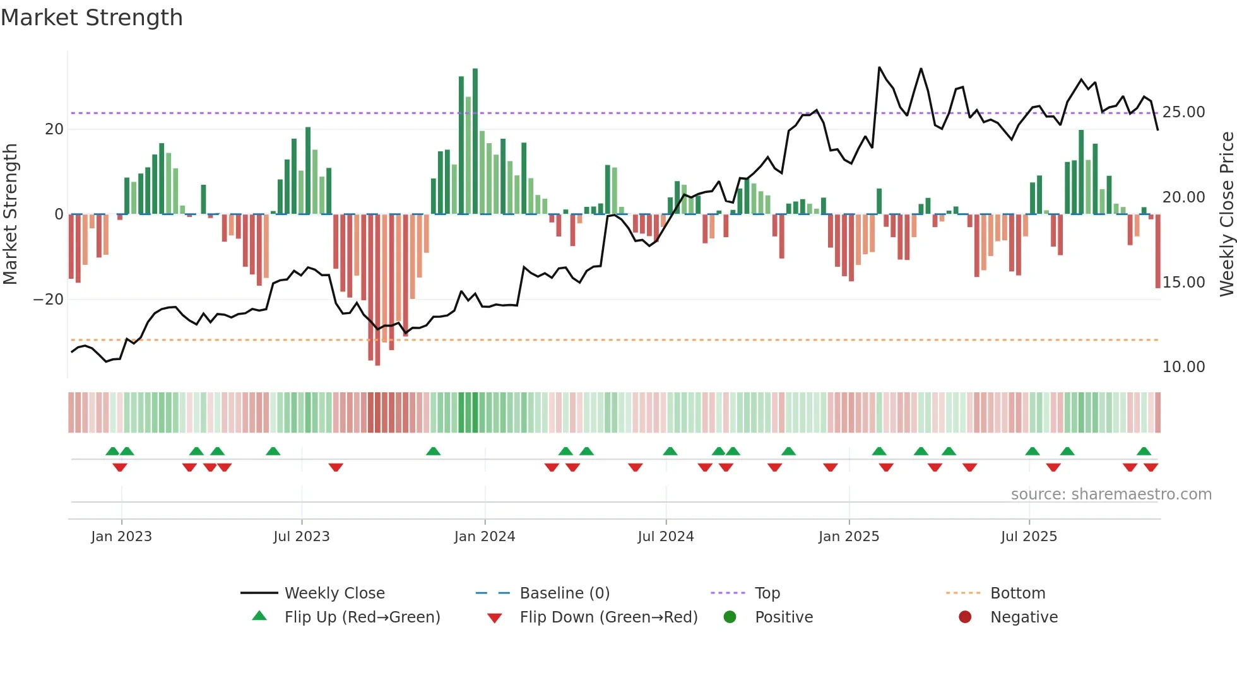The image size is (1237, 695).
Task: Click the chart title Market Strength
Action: [92, 18]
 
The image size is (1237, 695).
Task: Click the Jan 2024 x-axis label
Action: [484, 537]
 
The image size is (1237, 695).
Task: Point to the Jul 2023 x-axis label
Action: [301, 537]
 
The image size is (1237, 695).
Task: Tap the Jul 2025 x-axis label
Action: [1028, 537]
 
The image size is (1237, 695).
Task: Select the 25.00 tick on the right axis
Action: [1183, 112]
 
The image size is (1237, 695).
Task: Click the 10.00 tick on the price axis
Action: [1183, 367]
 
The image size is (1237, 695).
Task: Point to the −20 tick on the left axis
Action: [49, 300]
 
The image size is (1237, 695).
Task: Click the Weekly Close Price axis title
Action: [1226, 214]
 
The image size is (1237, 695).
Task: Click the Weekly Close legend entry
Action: [334, 593]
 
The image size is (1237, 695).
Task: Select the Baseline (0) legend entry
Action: [564, 593]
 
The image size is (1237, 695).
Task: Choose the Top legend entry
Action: [767, 593]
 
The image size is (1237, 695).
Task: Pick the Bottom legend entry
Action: [1017, 593]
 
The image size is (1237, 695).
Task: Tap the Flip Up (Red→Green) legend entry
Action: [362, 617]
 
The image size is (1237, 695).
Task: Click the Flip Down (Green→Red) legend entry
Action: [608, 617]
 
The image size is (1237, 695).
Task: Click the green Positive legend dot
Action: [730, 617]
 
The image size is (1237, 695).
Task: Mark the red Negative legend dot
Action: [964, 617]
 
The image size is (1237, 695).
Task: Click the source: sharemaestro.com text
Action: [1111, 494]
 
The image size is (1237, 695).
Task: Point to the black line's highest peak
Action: [879, 67]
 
